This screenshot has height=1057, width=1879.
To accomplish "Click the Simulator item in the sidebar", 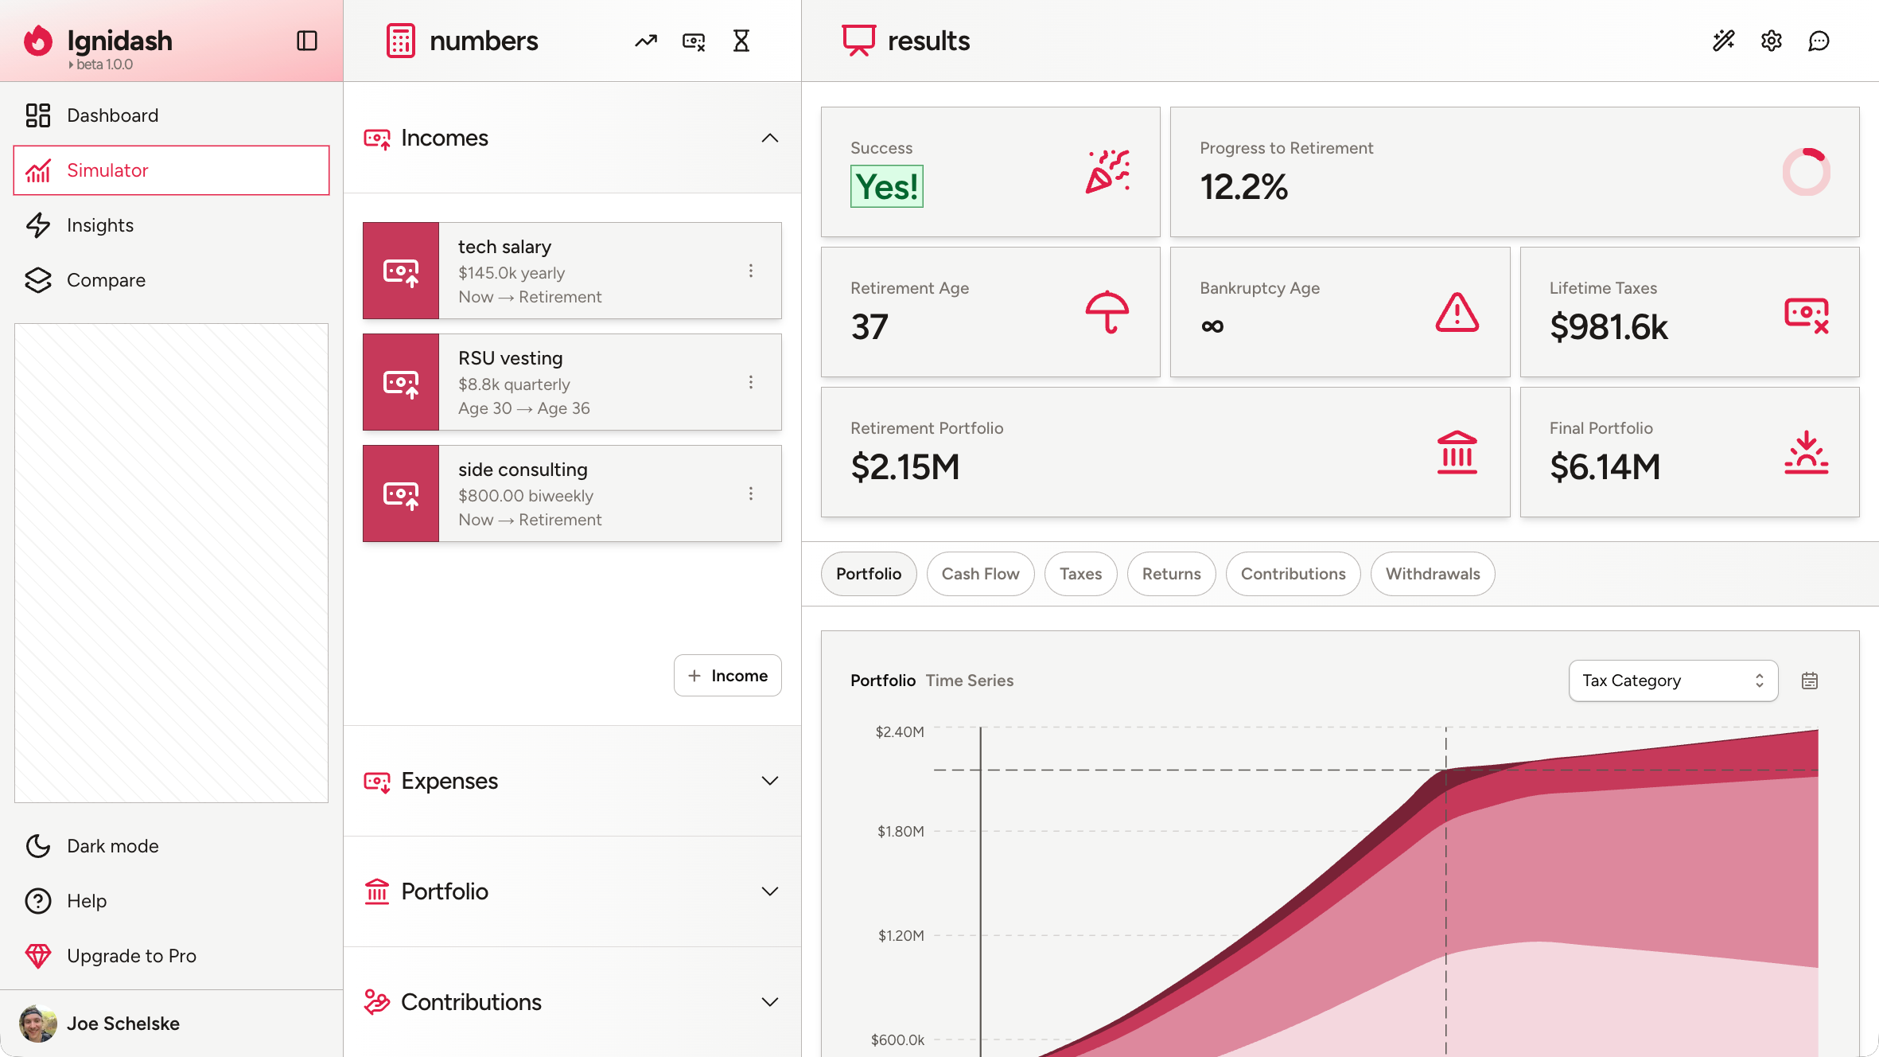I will tap(171, 170).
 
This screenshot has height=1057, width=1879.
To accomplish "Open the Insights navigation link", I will tap(99, 225).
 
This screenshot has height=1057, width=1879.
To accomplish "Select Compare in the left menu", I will tap(106, 280).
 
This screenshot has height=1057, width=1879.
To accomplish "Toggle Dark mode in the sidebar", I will tap(112, 846).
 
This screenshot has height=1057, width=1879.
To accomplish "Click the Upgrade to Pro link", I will tap(131, 956).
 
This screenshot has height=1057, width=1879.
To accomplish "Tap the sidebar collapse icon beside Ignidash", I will tap(307, 41).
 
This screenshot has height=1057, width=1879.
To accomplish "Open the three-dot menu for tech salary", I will tap(750, 271).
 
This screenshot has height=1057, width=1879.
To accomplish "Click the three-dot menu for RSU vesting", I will tap(750, 382).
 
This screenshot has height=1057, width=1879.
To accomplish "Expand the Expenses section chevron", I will tap(769, 781).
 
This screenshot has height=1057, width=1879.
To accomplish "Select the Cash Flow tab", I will tap(980, 574).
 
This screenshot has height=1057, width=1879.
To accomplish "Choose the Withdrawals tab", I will tap(1432, 574).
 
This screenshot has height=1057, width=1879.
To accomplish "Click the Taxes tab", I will tap(1080, 574).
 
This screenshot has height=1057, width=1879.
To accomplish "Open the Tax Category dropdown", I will tap(1672, 681).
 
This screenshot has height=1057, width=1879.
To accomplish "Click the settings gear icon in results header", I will tap(1771, 41).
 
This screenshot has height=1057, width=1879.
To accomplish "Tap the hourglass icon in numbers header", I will tap(741, 41).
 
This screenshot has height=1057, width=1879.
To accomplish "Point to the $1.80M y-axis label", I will tap(901, 832).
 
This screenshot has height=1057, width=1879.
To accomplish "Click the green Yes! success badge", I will tap(886, 187).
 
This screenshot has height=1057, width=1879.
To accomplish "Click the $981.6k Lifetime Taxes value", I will tap(1608, 327).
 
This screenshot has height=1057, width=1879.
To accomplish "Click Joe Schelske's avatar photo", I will tap(37, 1024).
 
